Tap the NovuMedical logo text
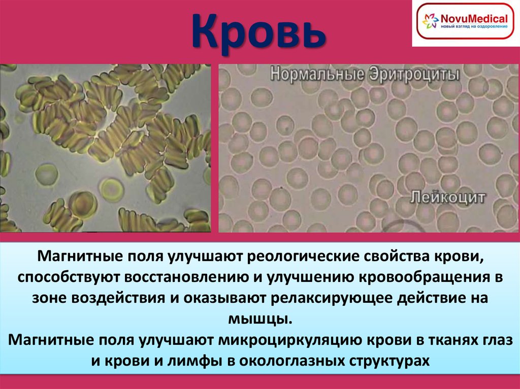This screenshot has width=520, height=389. pyautogui.click(x=475, y=17)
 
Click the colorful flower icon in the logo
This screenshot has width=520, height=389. pyautogui.click(x=430, y=21)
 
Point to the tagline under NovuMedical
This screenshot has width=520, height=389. pyautogui.click(x=474, y=26)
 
